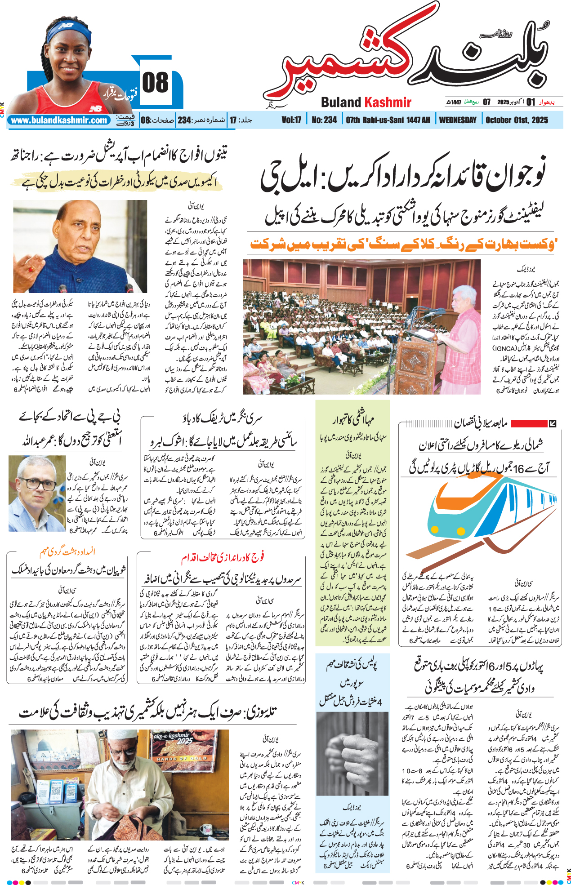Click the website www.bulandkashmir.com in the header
pos(59,120)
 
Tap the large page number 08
pos(155,83)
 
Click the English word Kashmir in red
pos(388,102)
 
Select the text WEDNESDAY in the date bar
pos(458,120)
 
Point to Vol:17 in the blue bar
pos(291,120)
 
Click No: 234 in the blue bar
pos(324,120)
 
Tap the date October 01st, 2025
pos(517,120)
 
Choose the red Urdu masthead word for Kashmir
pos(342,67)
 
